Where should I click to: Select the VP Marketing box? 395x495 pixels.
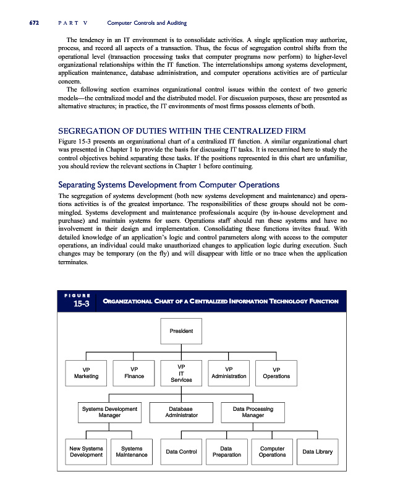[x=86, y=372]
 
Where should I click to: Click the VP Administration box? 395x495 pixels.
[x=229, y=372]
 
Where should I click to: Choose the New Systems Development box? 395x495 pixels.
[x=86, y=452]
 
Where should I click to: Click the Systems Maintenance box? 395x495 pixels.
[x=132, y=452]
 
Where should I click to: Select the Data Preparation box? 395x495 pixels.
[x=226, y=452]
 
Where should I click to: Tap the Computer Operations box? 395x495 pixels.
[x=272, y=452]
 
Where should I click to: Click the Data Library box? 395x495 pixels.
[x=317, y=452]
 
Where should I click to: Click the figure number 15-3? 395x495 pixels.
[x=80, y=304]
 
